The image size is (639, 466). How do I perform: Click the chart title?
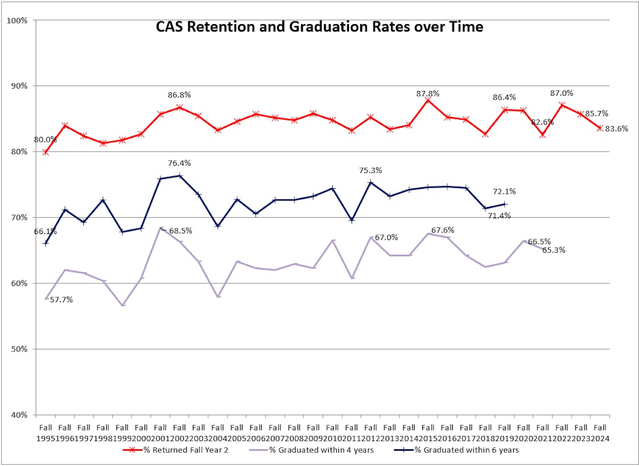pos(319,27)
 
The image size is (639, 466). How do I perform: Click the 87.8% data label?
pos(427,94)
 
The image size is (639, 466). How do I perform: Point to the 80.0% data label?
pos(46,139)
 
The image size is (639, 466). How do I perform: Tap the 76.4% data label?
pos(179,163)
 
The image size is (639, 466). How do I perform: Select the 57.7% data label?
pos(61,300)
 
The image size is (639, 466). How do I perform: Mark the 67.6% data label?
pos(443,230)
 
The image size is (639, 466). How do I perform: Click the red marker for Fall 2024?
pos(600,128)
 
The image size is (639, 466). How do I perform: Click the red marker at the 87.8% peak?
pos(428,100)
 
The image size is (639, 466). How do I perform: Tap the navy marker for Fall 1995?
pos(46,243)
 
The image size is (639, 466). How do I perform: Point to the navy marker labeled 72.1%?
pos(504,204)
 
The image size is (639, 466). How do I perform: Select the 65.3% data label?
pos(554,250)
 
